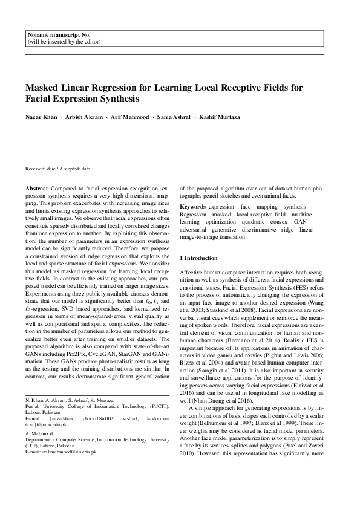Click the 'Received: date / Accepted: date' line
(57, 170)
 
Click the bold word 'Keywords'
(193, 207)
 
